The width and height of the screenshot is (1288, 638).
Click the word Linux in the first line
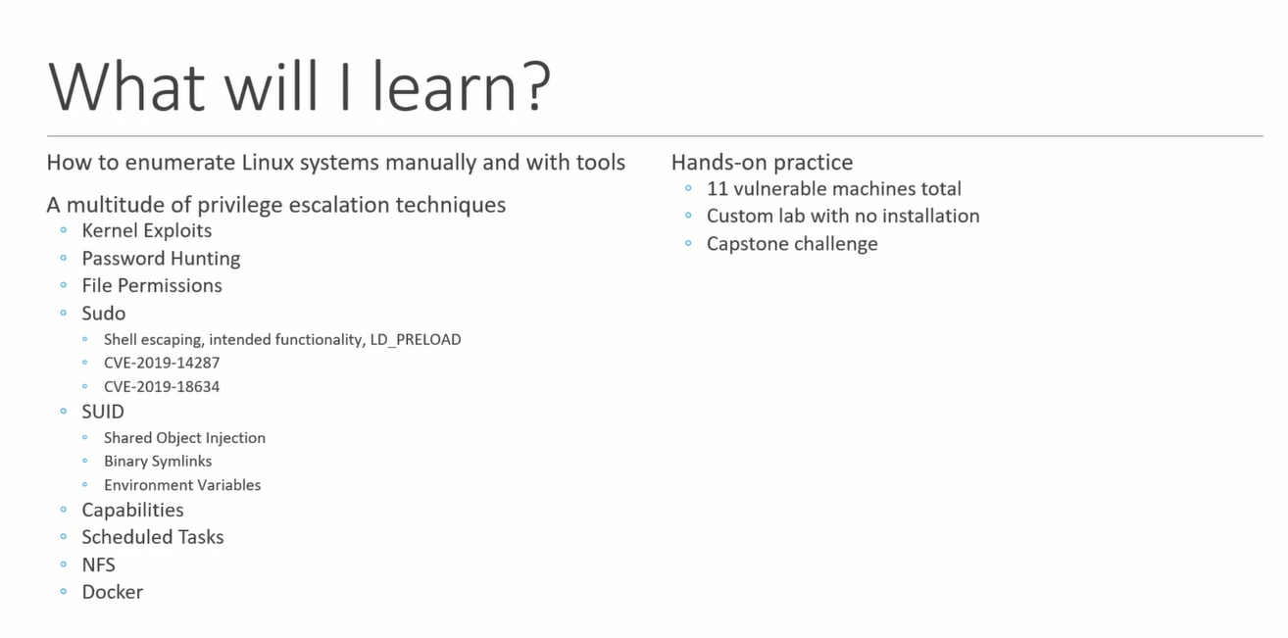click(268, 162)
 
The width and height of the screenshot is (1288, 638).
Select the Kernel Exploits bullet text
click(147, 230)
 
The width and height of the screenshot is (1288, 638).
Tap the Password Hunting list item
click(161, 259)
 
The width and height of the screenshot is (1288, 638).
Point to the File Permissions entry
click(152, 285)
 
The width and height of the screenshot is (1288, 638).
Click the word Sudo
click(104, 314)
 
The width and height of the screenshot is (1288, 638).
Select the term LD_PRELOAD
click(416, 340)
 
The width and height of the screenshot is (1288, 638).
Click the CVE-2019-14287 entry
click(162, 363)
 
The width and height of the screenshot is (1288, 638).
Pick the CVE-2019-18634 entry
click(162, 386)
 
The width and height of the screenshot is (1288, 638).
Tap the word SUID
click(103, 412)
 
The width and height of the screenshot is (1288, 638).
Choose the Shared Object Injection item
click(184, 438)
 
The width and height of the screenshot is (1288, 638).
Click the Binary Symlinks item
click(158, 462)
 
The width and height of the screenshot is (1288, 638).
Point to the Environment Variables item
click(182, 485)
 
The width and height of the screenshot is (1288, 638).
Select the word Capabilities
click(133, 511)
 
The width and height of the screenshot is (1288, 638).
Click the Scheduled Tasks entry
click(153, 537)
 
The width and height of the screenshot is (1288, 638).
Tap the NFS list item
click(98, 565)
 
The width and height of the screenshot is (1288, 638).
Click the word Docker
click(112, 592)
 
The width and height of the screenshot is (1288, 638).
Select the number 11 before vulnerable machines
click(716, 188)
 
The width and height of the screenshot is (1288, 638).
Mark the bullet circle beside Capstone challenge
click(688, 243)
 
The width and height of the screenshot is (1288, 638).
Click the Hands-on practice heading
click(762, 163)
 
